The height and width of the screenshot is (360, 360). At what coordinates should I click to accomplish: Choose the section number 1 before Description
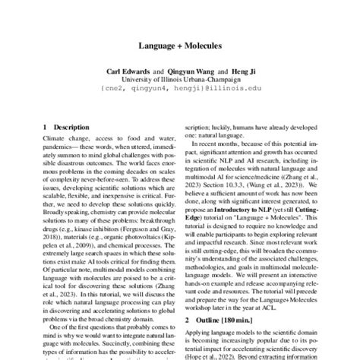pyautogui.click(x=45, y=127)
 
